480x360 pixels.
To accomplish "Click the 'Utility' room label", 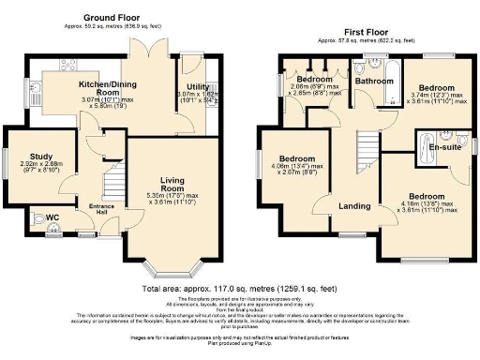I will tap(199, 86).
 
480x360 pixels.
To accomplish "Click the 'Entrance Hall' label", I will tap(101, 207).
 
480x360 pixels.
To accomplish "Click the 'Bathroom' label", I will tap(372, 82).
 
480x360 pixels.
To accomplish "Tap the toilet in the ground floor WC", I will tap(37, 220).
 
